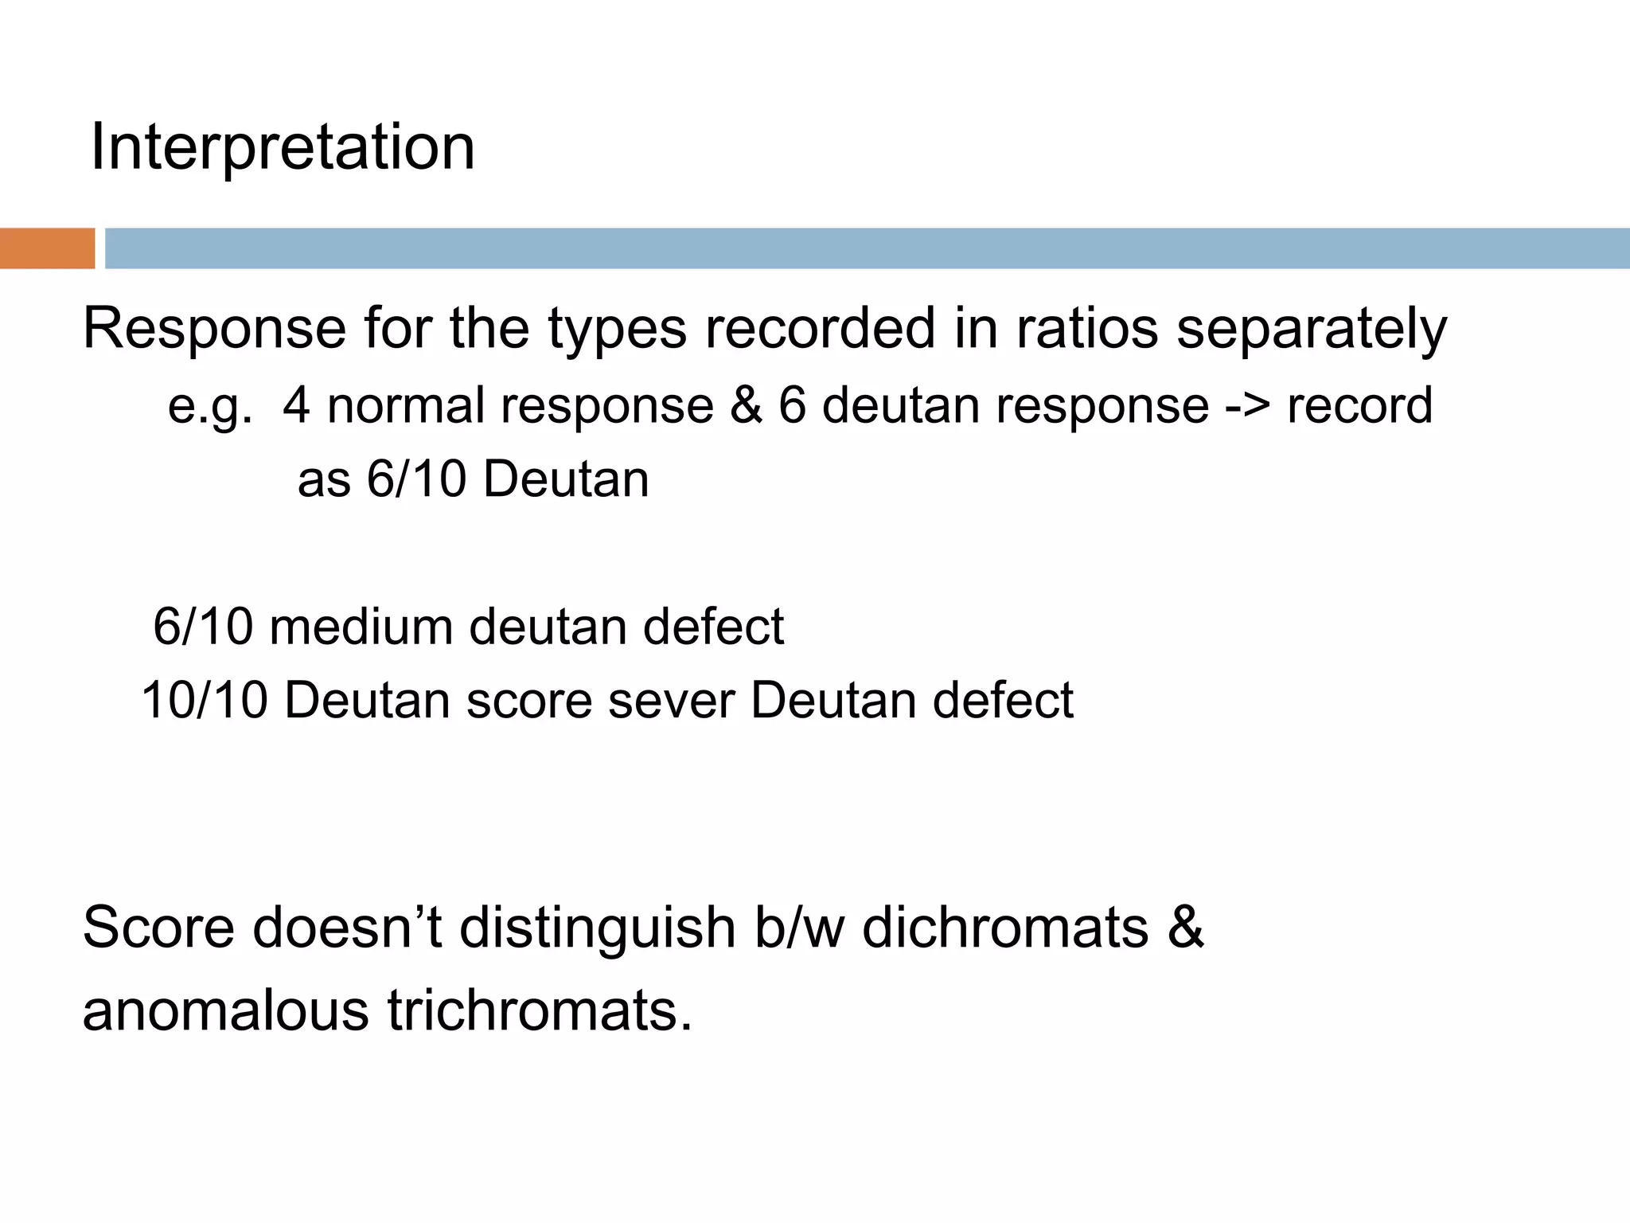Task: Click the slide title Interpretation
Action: [x=283, y=147]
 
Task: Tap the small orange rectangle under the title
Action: [x=47, y=248]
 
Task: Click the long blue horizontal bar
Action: [x=866, y=248]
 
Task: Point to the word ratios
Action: [x=1086, y=329]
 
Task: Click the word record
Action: [x=1359, y=405]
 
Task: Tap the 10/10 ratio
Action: [x=204, y=701]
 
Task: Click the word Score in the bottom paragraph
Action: [x=158, y=928]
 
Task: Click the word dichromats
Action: [x=1005, y=928]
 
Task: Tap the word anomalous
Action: [x=226, y=1010]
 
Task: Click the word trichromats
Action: [x=540, y=1010]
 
